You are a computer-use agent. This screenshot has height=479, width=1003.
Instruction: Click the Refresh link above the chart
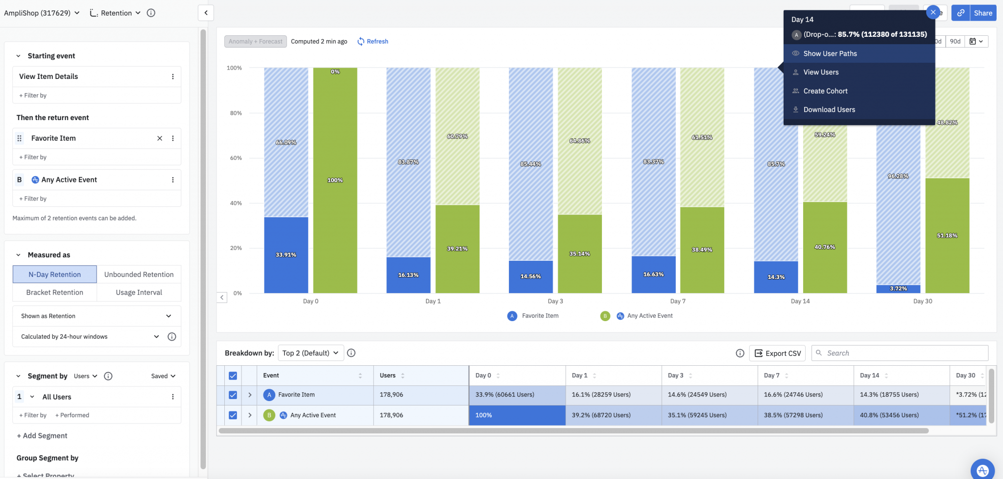tap(373, 42)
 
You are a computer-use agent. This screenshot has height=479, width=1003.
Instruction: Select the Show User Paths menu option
tap(830, 53)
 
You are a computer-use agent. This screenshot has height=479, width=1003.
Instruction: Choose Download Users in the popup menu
tap(829, 110)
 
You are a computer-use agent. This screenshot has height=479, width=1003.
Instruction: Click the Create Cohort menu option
tap(825, 91)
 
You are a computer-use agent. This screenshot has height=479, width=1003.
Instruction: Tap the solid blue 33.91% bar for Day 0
tap(286, 255)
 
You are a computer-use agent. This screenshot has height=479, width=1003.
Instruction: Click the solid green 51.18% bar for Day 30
tap(947, 236)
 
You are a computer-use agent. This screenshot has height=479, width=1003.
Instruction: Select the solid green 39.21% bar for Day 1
tap(457, 249)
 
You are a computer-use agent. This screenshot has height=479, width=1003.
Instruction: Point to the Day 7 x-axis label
tap(678, 302)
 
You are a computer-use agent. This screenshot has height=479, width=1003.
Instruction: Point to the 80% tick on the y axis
tap(236, 113)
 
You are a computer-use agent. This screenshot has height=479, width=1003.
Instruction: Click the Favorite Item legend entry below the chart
tap(534, 316)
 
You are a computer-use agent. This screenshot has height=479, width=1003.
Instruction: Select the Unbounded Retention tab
tap(139, 275)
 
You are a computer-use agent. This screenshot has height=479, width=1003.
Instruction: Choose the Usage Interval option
tap(139, 293)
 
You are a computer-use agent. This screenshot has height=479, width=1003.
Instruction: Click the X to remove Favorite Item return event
tap(160, 138)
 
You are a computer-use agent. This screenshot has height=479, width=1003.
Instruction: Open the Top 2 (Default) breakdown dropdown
tap(310, 353)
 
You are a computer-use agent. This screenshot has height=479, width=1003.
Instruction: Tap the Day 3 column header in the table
tap(676, 376)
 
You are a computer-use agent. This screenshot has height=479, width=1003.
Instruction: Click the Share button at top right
tap(983, 13)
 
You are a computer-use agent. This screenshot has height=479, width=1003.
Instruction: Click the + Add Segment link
tap(42, 436)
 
